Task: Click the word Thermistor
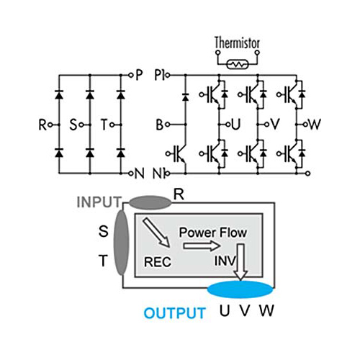[x=237, y=42]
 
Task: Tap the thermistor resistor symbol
[x=238, y=64]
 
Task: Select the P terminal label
[x=139, y=75]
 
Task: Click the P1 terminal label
[x=159, y=75]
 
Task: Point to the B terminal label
[x=160, y=125]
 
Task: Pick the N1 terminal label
[x=158, y=174]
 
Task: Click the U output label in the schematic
[x=236, y=125]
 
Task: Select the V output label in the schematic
[x=275, y=125]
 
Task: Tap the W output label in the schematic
[x=315, y=125]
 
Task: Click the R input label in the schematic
[x=42, y=125]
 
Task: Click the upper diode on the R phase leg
[x=59, y=95]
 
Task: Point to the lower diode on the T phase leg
[x=121, y=153]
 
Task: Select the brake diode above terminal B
[x=185, y=96]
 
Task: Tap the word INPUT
[x=99, y=202]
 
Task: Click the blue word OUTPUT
[x=174, y=313]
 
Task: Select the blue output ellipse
[x=240, y=289]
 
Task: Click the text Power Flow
[x=213, y=233]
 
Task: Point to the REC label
[x=158, y=262]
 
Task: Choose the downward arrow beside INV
[x=240, y=261]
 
